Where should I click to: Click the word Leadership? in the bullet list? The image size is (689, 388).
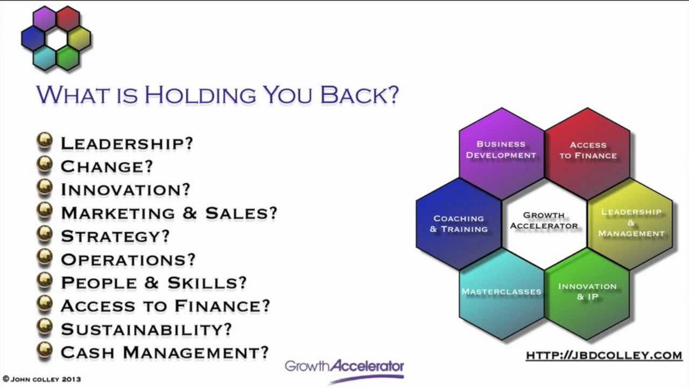click(x=126, y=143)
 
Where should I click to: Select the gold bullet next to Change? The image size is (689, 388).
click(x=45, y=165)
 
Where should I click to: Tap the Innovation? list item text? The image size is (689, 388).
click(x=125, y=190)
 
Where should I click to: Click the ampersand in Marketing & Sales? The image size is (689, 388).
click(x=189, y=213)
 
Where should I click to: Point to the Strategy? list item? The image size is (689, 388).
click(x=115, y=236)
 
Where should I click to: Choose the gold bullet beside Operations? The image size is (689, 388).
click(x=45, y=258)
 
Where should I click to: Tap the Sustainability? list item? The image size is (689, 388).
click(x=146, y=329)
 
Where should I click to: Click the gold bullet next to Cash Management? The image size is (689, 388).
click(x=45, y=350)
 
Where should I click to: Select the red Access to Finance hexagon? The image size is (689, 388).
click(x=588, y=150)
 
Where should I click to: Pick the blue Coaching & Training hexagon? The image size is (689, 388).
click(x=458, y=224)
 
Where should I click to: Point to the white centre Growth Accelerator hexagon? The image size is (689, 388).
click(x=544, y=220)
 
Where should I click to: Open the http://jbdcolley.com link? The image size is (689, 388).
click(x=604, y=355)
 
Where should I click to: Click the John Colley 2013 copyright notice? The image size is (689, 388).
click(x=42, y=379)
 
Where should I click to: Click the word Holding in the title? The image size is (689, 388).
click(x=200, y=94)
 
